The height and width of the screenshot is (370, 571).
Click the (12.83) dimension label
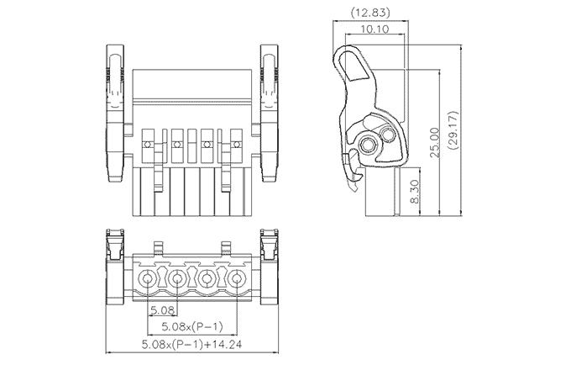pyautogui.click(x=370, y=13)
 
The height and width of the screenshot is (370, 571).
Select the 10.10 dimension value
pyautogui.click(x=373, y=29)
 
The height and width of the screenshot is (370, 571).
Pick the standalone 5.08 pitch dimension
pyautogui.click(x=162, y=310)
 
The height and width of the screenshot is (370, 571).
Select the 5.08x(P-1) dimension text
pyautogui.click(x=191, y=325)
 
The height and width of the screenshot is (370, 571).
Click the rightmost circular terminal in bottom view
pyautogui.click(x=238, y=279)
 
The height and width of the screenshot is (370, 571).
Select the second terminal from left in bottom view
pyautogui.click(x=177, y=279)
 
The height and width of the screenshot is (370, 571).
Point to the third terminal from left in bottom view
pyautogui.click(x=207, y=279)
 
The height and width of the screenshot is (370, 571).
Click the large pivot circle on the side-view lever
pyautogui.click(x=368, y=145)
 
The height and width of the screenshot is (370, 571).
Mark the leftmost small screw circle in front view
pyautogui.click(x=147, y=145)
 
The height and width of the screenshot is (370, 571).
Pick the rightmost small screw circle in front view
pyautogui.click(x=238, y=145)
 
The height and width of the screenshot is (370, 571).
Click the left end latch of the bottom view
pyautogui.click(x=114, y=267)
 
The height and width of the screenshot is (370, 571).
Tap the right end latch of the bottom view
pyautogui.click(x=270, y=267)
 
